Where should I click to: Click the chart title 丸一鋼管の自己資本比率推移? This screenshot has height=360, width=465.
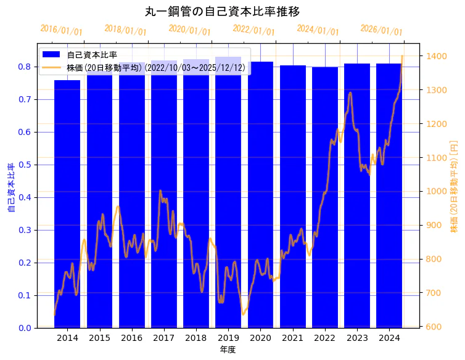[x=223, y=11]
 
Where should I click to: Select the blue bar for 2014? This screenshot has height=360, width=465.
[x=67, y=203]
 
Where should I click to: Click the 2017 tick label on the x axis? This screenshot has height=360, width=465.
[x=164, y=338]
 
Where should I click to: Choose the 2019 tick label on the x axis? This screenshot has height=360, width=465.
[x=228, y=338]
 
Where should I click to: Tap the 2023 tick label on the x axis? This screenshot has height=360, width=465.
[x=357, y=338]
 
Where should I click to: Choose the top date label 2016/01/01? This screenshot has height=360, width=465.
[x=61, y=30]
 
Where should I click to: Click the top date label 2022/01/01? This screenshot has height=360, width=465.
[x=253, y=30]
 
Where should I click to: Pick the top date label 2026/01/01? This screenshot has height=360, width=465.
[x=381, y=30]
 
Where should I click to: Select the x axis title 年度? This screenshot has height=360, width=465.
[x=228, y=350]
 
